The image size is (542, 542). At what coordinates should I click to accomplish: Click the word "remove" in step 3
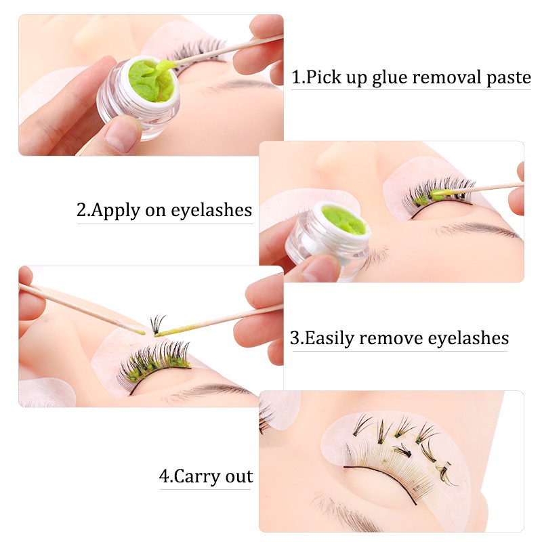click(x=391, y=339)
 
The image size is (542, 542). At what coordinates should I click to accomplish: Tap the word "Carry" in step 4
click(x=197, y=477)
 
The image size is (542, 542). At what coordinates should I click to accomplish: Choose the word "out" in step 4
click(x=239, y=477)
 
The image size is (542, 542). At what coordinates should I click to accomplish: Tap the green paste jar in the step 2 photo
click(x=327, y=238)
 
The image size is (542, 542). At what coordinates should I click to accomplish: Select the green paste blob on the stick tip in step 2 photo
click(x=439, y=194)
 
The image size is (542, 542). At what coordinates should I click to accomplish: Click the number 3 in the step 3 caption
click(x=295, y=338)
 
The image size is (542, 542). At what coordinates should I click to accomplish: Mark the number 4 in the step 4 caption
click(x=164, y=476)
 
